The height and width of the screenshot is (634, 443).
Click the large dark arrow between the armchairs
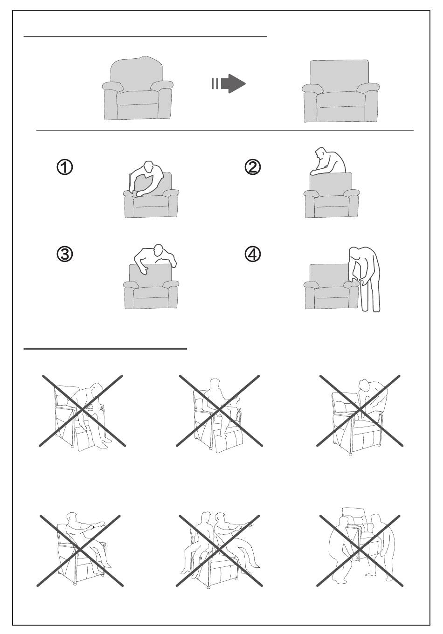click(x=233, y=83)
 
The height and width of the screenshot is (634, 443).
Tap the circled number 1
click(x=65, y=167)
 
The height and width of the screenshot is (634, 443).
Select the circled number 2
click(x=252, y=167)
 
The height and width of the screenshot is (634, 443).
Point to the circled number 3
click(x=65, y=254)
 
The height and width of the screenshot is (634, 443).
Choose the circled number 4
click(x=252, y=254)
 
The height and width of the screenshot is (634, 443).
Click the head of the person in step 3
click(x=158, y=250)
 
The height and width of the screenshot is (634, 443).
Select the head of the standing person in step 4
click(x=354, y=254)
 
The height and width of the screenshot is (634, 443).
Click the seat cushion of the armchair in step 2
click(x=331, y=201)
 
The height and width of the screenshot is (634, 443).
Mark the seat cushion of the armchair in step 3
click(x=151, y=293)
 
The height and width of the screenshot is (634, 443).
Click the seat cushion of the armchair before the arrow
click(x=138, y=98)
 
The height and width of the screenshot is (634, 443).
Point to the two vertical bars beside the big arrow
click(x=215, y=83)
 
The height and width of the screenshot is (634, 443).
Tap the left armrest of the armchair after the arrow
click(x=312, y=88)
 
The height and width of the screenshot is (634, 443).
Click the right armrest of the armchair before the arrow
click(x=162, y=85)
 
